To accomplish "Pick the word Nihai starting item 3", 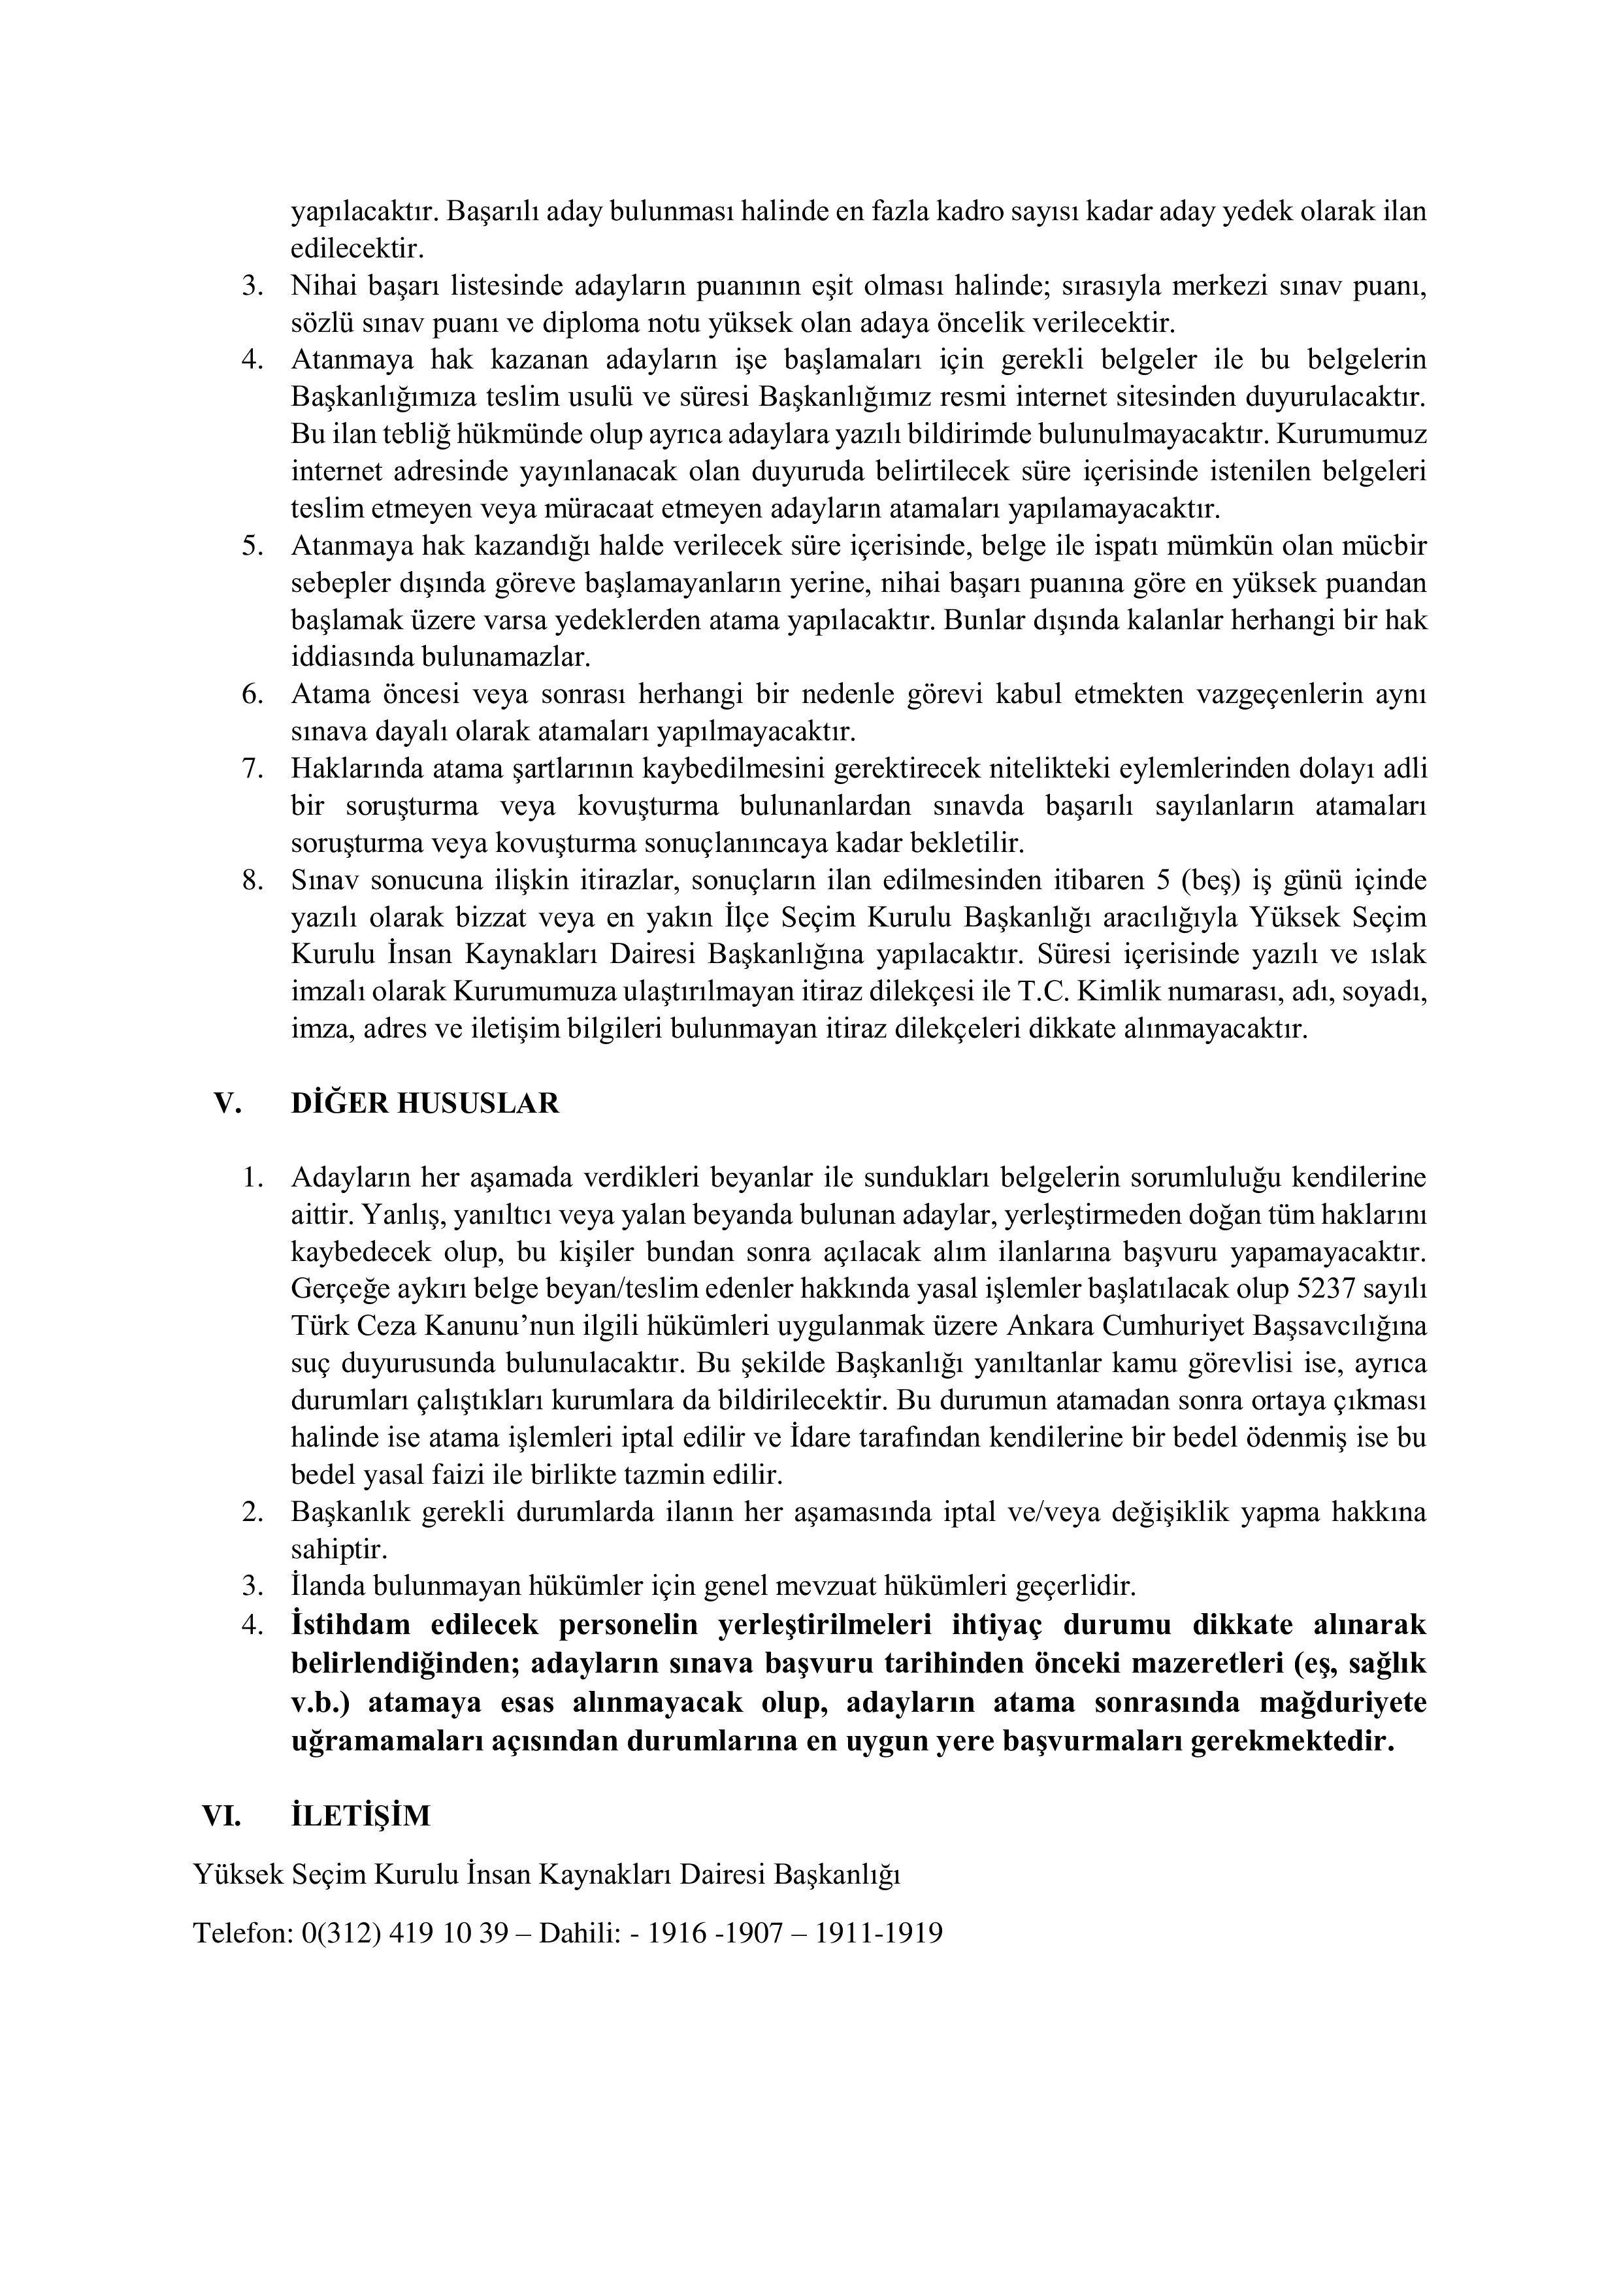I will pos(325,286).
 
